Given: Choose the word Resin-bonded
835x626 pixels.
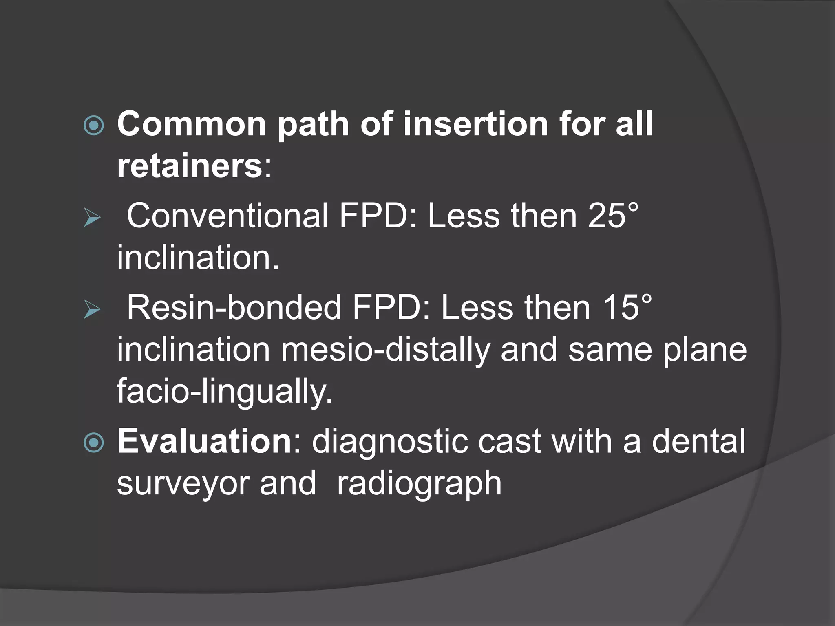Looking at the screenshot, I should (234, 307).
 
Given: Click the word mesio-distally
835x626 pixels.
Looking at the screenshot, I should (385, 350).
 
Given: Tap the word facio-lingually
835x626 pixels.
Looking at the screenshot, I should (225, 391).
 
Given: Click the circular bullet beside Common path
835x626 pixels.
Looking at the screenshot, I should (94, 126).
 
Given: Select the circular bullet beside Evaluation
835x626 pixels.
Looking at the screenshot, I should (94, 443).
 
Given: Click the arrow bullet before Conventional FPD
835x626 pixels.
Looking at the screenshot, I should (92, 218).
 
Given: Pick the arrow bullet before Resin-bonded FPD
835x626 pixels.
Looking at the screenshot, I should (92, 309).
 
